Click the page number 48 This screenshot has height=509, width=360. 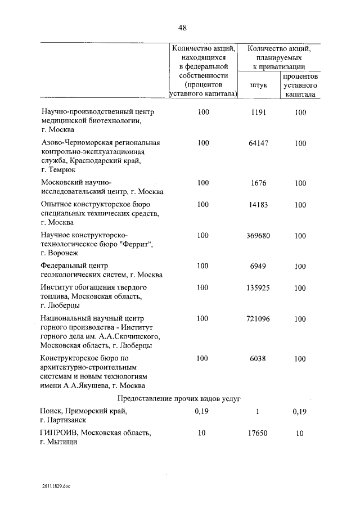[x=182, y=28]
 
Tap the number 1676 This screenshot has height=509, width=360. [x=258, y=183]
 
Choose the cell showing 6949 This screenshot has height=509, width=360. [x=258, y=266]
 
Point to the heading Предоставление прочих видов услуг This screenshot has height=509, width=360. [x=179, y=399]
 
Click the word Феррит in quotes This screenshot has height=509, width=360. [x=138, y=244]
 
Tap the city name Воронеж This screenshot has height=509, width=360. [x=66, y=254]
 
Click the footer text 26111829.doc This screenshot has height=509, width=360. [x=56, y=485]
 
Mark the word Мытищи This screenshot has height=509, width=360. [x=62, y=442]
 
